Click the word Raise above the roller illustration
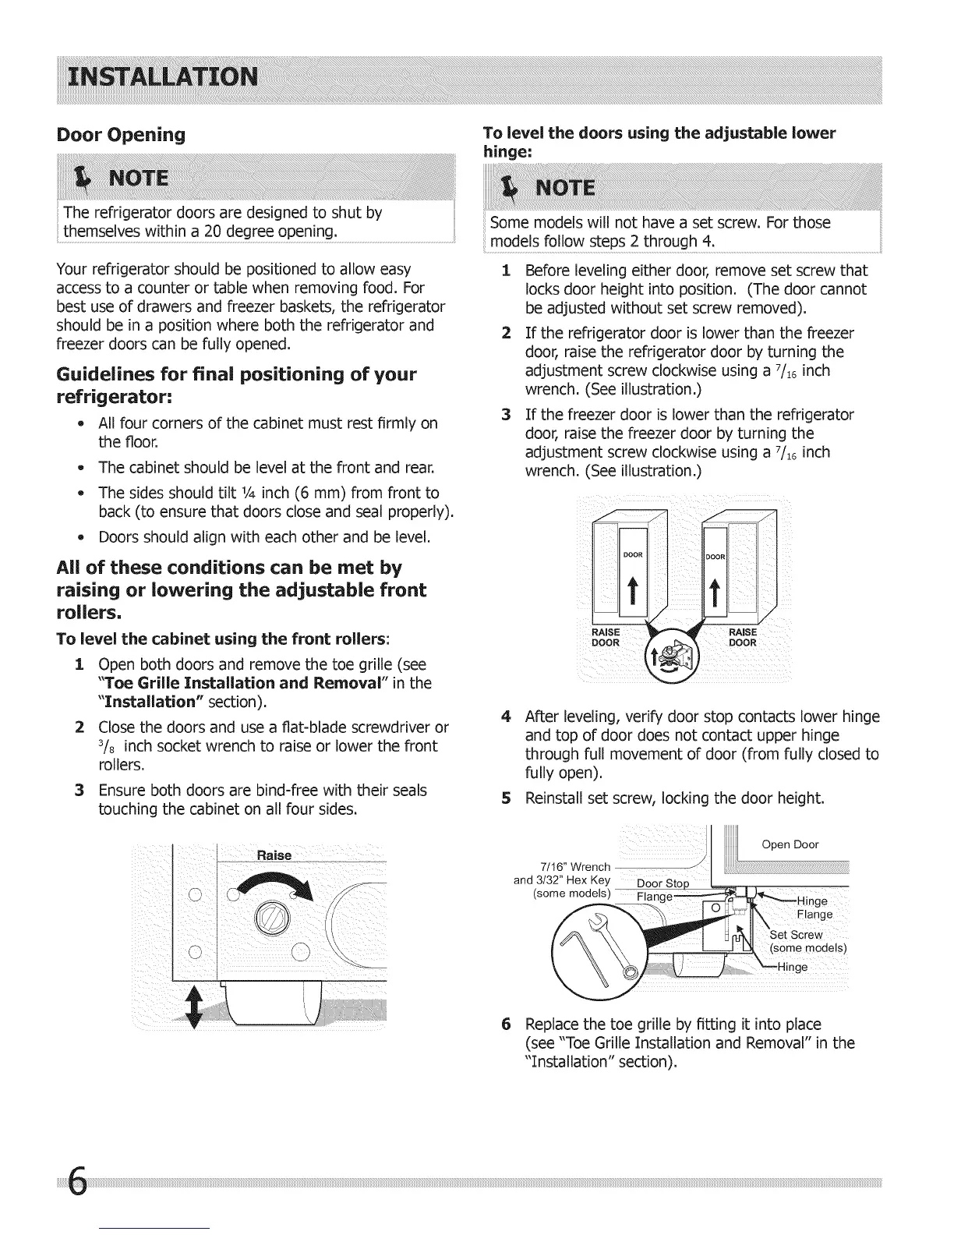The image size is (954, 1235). pos(274,855)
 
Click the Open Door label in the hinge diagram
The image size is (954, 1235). pos(790,844)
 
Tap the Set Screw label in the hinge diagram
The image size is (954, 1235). pos(796,935)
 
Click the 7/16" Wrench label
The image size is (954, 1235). pos(575,867)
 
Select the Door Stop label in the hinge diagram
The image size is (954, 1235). pos(664,883)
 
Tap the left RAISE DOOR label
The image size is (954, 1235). pos(606,637)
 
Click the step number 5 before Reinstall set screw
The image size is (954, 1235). pos(507,798)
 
